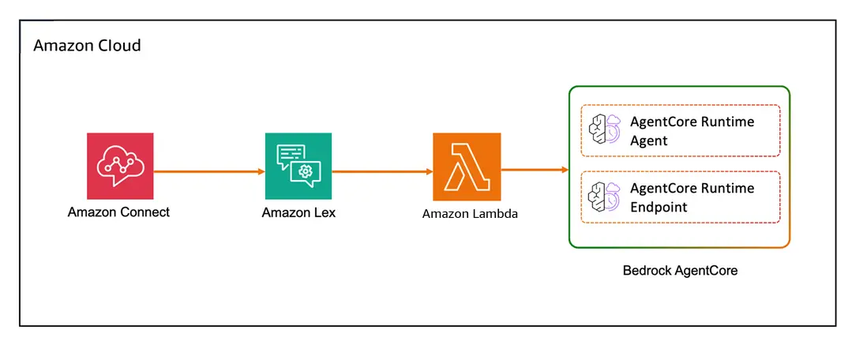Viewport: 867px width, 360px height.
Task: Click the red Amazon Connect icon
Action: [120, 166]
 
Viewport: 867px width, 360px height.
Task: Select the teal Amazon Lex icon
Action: [298, 166]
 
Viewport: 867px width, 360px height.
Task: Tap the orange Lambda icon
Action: [466, 167]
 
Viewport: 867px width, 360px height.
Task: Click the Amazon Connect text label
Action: [118, 212]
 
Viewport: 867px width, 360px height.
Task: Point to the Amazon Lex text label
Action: [298, 212]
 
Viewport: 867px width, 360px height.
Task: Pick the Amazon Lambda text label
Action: [470, 213]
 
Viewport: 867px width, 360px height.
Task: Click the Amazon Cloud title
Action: [87, 46]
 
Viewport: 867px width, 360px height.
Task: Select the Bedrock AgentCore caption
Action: [680, 271]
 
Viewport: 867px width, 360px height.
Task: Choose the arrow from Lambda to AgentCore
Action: [535, 169]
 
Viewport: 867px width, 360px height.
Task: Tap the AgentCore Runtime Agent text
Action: [692, 131]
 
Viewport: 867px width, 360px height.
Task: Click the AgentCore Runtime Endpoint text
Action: [692, 197]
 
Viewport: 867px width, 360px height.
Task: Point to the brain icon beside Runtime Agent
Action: [605, 129]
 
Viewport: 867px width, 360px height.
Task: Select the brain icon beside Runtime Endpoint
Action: [605, 196]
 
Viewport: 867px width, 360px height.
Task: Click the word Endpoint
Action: [659, 208]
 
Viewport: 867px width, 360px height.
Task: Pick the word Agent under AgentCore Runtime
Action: [648, 141]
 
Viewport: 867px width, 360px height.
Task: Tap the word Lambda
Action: [494, 213]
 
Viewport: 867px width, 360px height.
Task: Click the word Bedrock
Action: [648, 271]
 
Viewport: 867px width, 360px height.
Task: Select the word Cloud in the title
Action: [119, 46]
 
